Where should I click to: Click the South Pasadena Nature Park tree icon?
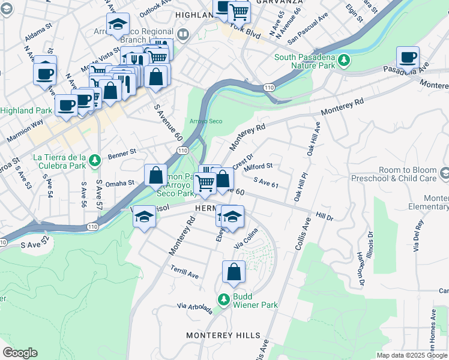[344, 59]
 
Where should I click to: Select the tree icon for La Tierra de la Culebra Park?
[94, 161]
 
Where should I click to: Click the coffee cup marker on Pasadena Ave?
[408, 59]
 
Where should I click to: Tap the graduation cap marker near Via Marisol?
[144, 217]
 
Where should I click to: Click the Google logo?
[20, 353]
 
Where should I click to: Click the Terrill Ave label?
[184, 271]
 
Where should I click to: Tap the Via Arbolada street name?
[194, 308]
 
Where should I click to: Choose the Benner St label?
[122, 155]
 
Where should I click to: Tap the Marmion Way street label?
[25, 133]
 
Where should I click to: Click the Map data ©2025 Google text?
[411, 355]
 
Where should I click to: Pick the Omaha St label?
[121, 183]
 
